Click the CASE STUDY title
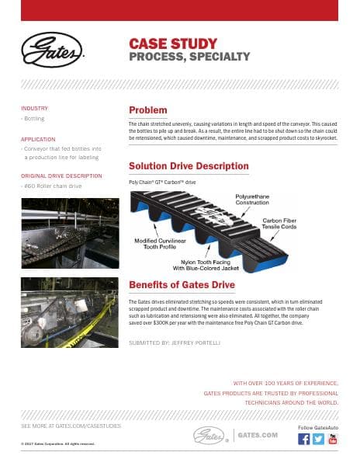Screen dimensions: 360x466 click(x=172, y=43)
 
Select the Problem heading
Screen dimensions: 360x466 click(x=147, y=110)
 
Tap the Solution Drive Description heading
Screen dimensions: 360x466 click(x=189, y=166)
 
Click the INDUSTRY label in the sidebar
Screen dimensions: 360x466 click(x=34, y=108)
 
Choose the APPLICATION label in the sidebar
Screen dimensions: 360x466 click(x=38, y=139)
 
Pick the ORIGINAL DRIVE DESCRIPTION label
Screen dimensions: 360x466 click(x=61, y=176)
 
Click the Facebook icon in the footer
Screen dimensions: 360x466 click(x=304, y=439)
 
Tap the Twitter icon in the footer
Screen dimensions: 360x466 click(x=318, y=439)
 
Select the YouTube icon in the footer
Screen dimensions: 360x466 click(x=333, y=439)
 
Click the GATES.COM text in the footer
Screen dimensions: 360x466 click(x=258, y=435)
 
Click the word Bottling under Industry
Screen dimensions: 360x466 click(x=35, y=119)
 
